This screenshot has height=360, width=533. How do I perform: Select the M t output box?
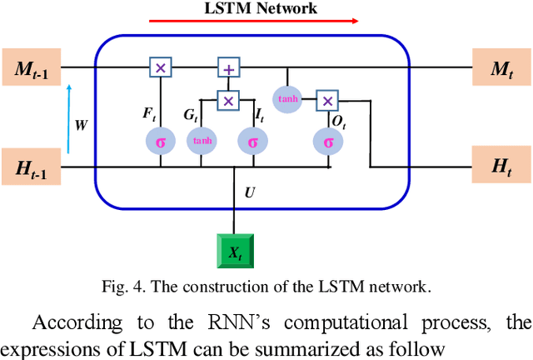(501, 67)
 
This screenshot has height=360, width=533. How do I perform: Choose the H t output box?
(501, 167)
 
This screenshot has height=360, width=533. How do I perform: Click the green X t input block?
(234, 248)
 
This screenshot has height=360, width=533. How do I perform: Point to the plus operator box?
(227, 67)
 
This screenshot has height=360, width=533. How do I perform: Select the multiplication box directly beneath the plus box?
(227, 101)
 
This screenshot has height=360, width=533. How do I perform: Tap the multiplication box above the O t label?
(328, 101)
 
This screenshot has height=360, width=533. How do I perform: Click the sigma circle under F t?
(159, 141)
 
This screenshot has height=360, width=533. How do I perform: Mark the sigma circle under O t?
(328, 141)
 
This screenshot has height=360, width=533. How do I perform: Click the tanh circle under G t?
(202, 141)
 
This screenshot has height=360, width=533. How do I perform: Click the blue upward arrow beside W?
(69, 117)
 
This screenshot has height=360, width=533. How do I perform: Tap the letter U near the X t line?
(249, 192)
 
